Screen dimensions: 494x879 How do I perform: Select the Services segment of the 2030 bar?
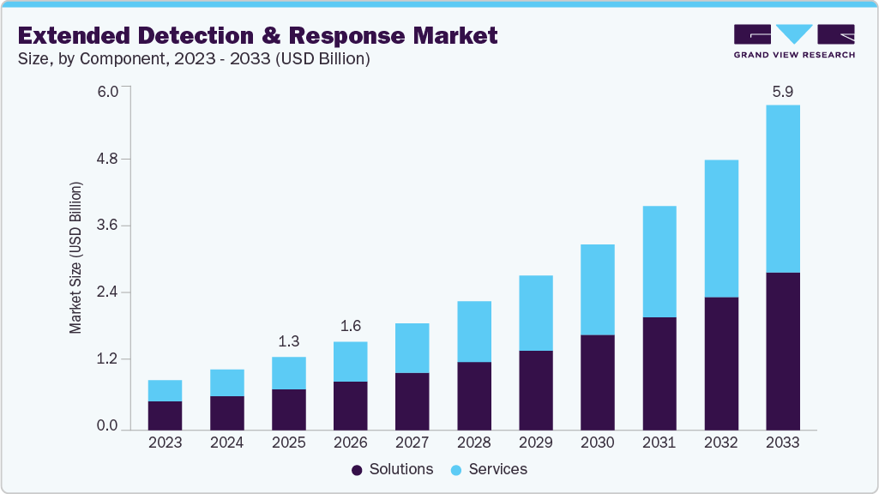tap(597, 289)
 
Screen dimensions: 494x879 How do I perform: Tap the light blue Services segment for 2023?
tap(165, 390)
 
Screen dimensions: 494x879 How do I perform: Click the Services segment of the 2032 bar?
tap(720, 228)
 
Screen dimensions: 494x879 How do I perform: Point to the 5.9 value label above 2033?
tap(782, 91)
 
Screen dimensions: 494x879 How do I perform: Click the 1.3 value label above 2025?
tap(288, 341)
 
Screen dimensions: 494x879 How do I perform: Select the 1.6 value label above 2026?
tap(350, 326)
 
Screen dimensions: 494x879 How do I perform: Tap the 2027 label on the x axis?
tap(412, 443)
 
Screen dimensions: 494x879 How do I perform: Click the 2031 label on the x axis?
tap(659, 443)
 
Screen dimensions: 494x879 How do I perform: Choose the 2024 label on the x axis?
tap(226, 443)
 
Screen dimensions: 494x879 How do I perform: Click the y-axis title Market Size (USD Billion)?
tap(75, 257)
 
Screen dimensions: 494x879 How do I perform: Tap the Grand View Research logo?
tap(794, 41)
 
